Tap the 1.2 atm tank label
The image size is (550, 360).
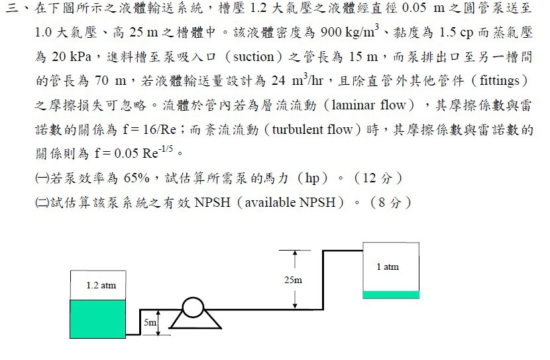pos(101,285)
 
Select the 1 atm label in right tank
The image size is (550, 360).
pos(388,267)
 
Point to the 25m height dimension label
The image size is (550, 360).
pos(293,280)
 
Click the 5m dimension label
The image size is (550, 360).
pos(150,323)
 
